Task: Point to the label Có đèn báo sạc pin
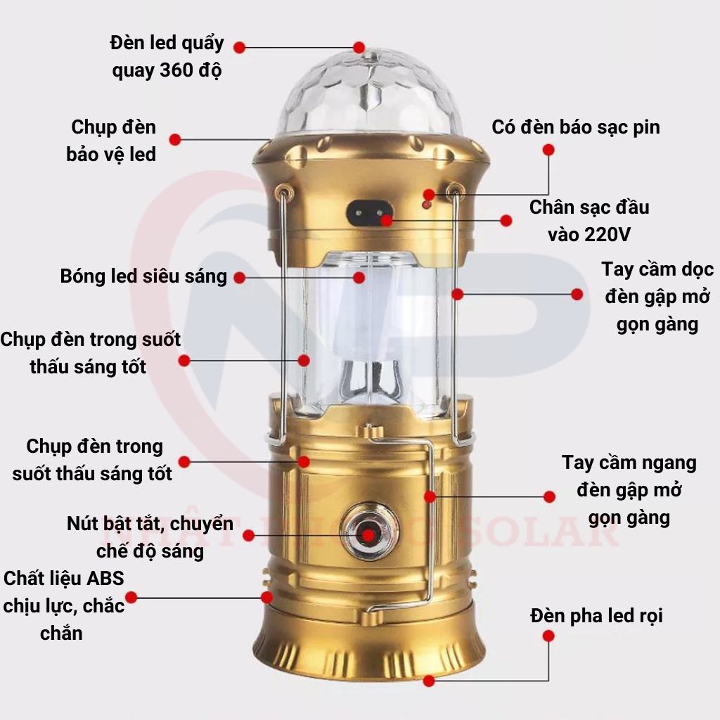[x=575, y=127]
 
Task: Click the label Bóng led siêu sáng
[x=143, y=276]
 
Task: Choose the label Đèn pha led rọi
[x=596, y=616]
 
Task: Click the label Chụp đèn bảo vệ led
[x=112, y=141]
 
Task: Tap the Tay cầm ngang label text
[x=629, y=490]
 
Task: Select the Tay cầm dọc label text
[x=657, y=297]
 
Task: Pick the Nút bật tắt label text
[x=150, y=536]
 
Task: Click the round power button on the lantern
[x=368, y=531]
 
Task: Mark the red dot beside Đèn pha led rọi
[x=548, y=636]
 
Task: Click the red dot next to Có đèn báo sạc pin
[x=548, y=150]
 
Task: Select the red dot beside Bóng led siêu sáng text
[x=239, y=278]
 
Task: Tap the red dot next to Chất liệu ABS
[x=131, y=598]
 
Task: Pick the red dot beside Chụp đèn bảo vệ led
[x=175, y=139]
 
